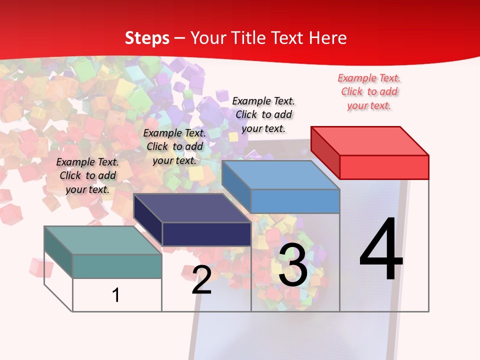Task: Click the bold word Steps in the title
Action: pyautogui.click(x=147, y=38)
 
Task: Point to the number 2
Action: pyautogui.click(x=201, y=280)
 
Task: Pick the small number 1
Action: pyautogui.click(x=116, y=295)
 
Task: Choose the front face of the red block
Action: pyautogui.click(x=384, y=167)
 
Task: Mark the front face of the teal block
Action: pyautogui.click(x=117, y=266)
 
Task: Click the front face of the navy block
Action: pyautogui.click(x=206, y=234)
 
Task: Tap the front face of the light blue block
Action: pyautogui.click(x=295, y=201)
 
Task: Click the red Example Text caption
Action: pyautogui.click(x=369, y=91)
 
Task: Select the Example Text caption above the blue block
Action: pyautogui.click(x=263, y=114)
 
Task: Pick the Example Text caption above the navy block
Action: pyautogui.click(x=174, y=146)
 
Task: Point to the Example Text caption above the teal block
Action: pyautogui.click(x=87, y=175)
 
